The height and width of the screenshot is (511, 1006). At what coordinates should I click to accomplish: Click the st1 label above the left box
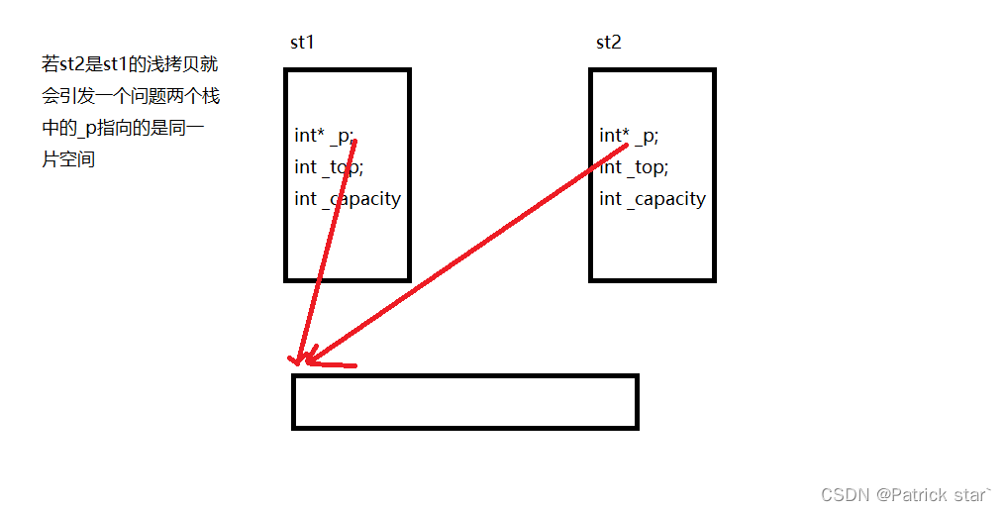(x=301, y=43)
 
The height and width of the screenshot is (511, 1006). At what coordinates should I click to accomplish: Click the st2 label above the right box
(x=608, y=43)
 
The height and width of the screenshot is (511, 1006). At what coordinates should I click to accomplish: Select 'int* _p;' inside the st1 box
(x=324, y=136)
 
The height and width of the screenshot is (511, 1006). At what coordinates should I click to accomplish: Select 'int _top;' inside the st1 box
(x=322, y=166)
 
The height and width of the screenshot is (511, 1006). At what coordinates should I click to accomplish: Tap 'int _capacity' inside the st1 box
(x=348, y=199)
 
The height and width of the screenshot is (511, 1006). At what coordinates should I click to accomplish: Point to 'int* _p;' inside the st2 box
(x=629, y=136)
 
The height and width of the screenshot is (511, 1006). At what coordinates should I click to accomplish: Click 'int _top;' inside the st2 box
(x=634, y=166)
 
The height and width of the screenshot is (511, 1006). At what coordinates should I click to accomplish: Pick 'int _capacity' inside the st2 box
(x=653, y=199)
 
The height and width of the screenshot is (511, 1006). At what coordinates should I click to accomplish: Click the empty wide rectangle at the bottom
(x=464, y=401)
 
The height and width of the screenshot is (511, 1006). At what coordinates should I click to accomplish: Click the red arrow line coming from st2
(x=465, y=254)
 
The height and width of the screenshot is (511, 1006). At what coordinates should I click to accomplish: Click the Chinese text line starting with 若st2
(x=130, y=65)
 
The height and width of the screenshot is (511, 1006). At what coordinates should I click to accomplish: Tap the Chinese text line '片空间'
(x=68, y=158)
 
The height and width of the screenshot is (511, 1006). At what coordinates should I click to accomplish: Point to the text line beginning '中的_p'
(x=123, y=128)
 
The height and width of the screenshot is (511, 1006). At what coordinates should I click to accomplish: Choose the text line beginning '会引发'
(x=130, y=96)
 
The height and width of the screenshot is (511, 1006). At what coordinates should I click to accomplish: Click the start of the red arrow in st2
(x=626, y=147)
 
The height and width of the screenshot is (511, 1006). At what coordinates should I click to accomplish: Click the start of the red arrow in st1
(x=353, y=142)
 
